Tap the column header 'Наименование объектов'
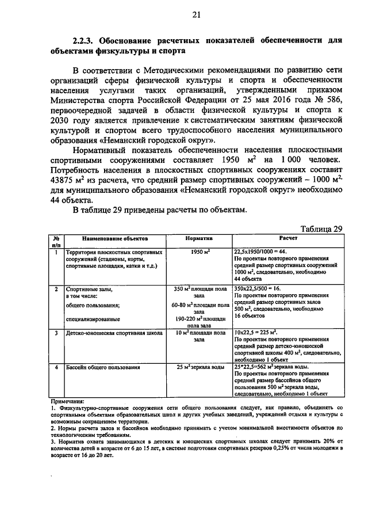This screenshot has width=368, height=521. click(114, 238)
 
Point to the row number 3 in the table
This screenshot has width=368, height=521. click(56, 333)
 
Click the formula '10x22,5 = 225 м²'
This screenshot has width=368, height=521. click(256, 333)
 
